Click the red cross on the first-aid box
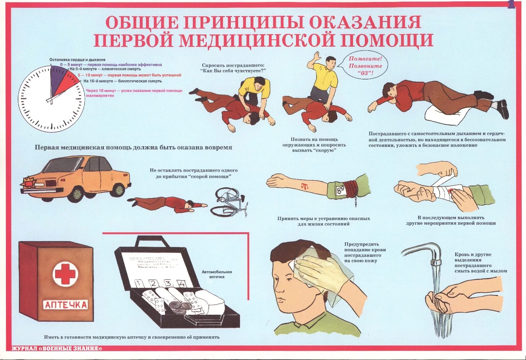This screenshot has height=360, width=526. [65, 273]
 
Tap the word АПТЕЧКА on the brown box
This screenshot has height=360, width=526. [65, 305]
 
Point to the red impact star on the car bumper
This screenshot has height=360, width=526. [28, 181]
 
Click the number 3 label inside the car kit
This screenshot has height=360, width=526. [168, 283]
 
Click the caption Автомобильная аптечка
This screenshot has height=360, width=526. [217, 274]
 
